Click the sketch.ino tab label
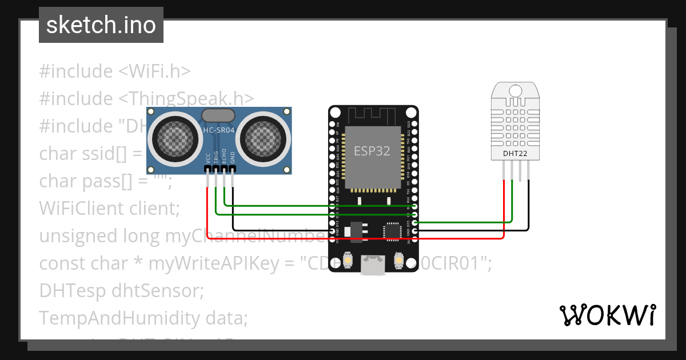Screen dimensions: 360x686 pos(101,25)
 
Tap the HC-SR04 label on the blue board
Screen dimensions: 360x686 pos(220,131)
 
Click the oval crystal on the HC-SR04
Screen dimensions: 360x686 pos(218,115)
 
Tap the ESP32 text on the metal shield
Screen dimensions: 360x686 pos(372,151)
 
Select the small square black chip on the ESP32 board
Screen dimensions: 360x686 pos(393,230)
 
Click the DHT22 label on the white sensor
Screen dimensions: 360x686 pos(515,153)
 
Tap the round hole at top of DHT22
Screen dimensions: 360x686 pos(515,90)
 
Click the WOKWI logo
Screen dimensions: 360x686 pos(607,315)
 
